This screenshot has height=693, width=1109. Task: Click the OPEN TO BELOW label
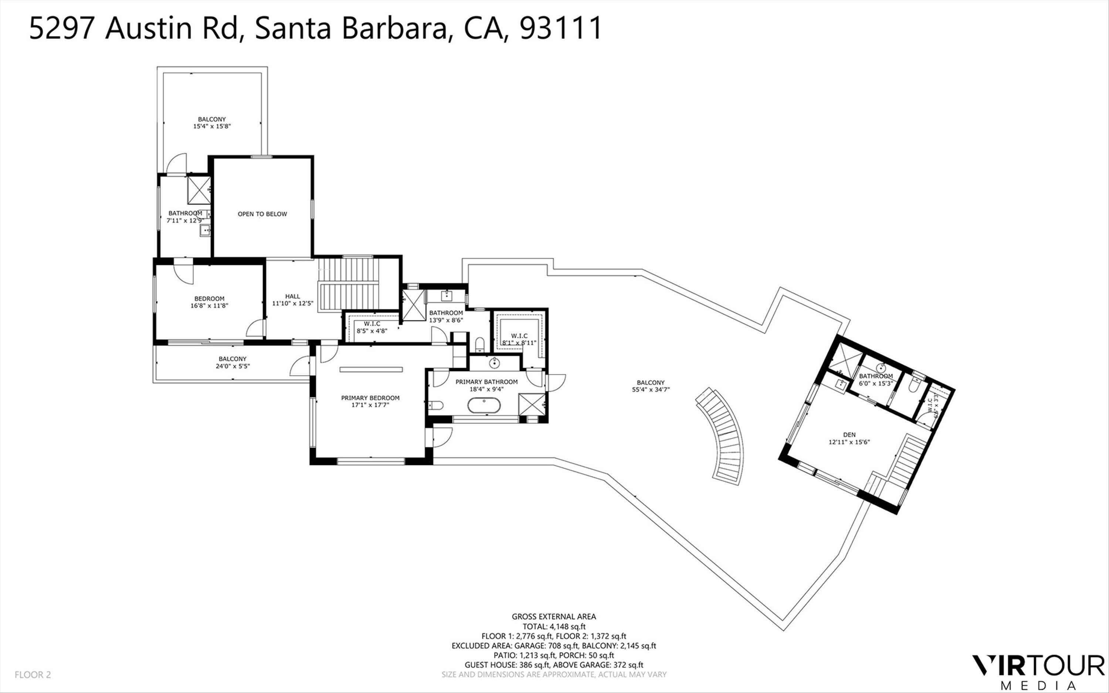[262, 214]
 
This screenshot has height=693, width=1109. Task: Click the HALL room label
[292, 296]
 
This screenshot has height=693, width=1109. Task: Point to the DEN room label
[849, 435]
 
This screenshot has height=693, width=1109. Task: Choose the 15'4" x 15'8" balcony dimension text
[212, 126]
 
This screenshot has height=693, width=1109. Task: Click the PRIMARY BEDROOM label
[370, 398]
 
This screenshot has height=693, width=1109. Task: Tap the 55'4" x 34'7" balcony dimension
[651, 390]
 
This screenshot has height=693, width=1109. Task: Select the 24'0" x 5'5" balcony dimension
[233, 366]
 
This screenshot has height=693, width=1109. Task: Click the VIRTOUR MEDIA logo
[1038, 672]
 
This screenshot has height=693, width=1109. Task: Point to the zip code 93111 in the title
[560, 28]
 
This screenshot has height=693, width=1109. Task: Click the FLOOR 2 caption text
[33, 675]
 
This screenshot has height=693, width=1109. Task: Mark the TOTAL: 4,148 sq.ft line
[554, 626]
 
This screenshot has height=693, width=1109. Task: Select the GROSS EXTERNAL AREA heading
[554, 616]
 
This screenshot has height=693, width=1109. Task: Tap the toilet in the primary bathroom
[436, 405]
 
